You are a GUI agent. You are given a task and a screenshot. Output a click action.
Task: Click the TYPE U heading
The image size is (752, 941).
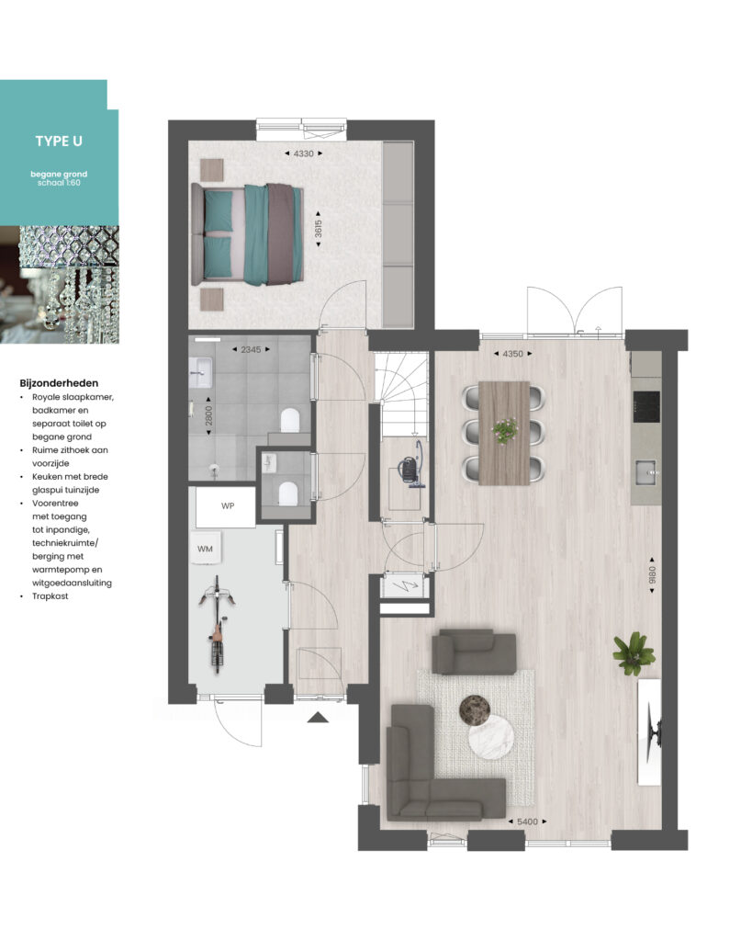(x=59, y=141)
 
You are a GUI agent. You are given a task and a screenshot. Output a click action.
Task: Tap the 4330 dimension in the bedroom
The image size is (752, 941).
(x=303, y=153)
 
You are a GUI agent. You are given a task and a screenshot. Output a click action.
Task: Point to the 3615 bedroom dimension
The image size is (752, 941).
(x=318, y=229)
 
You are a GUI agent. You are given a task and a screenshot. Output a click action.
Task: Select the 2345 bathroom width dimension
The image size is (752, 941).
(x=251, y=349)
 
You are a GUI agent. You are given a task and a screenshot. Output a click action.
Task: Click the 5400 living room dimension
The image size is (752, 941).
(x=527, y=822)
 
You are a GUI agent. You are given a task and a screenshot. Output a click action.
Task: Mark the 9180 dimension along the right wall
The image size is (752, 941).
(x=652, y=575)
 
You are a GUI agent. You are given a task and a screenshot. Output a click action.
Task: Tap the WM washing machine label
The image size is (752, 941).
(x=205, y=549)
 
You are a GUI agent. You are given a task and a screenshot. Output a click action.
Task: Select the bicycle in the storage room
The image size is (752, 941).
(x=217, y=624)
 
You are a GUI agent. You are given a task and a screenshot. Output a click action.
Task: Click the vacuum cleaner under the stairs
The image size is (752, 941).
(x=411, y=464)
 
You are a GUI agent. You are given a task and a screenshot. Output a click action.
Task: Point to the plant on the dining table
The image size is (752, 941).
(x=505, y=430)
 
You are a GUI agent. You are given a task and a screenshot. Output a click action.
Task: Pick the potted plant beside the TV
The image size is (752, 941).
(x=633, y=653)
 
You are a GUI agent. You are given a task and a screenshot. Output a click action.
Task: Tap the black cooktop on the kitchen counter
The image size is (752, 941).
(x=645, y=406)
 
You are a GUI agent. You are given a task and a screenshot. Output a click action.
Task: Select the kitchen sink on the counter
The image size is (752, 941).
(x=646, y=472)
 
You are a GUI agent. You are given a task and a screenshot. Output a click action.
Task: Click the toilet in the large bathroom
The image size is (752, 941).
(x=290, y=420)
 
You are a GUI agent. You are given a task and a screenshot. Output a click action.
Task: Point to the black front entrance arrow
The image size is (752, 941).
(x=318, y=717)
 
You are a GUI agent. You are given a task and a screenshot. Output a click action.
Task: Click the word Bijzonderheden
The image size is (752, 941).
(x=59, y=383)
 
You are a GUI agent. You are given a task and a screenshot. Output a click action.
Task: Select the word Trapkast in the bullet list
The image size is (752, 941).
(x=51, y=595)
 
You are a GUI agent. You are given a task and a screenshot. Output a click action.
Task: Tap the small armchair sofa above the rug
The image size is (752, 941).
(x=475, y=652)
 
